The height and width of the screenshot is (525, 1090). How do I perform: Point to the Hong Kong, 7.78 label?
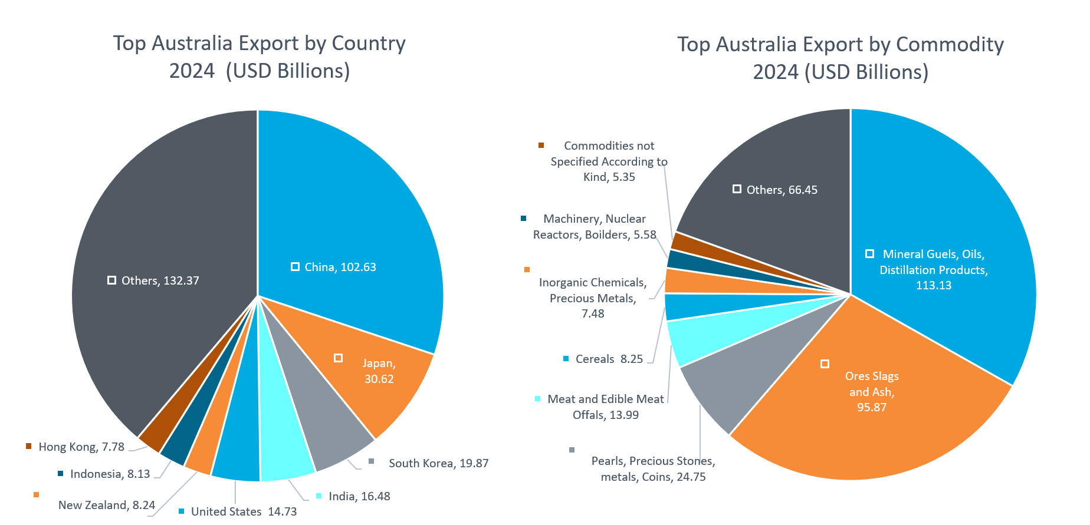(x=81, y=447)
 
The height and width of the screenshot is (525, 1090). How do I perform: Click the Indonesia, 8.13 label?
(x=110, y=474)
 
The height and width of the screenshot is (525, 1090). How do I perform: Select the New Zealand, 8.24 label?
(x=106, y=505)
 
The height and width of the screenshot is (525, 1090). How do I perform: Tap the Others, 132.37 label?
(x=160, y=280)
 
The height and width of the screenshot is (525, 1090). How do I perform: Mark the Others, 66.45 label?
(x=782, y=190)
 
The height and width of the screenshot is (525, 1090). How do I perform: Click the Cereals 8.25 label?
(x=609, y=359)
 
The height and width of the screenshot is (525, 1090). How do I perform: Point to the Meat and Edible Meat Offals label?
(x=605, y=407)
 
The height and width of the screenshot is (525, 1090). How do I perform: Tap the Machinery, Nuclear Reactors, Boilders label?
(x=595, y=226)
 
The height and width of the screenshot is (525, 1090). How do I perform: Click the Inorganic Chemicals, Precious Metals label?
(x=593, y=298)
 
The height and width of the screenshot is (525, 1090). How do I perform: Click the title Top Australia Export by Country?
(x=260, y=44)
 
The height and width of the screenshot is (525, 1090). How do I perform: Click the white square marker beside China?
(x=295, y=267)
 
